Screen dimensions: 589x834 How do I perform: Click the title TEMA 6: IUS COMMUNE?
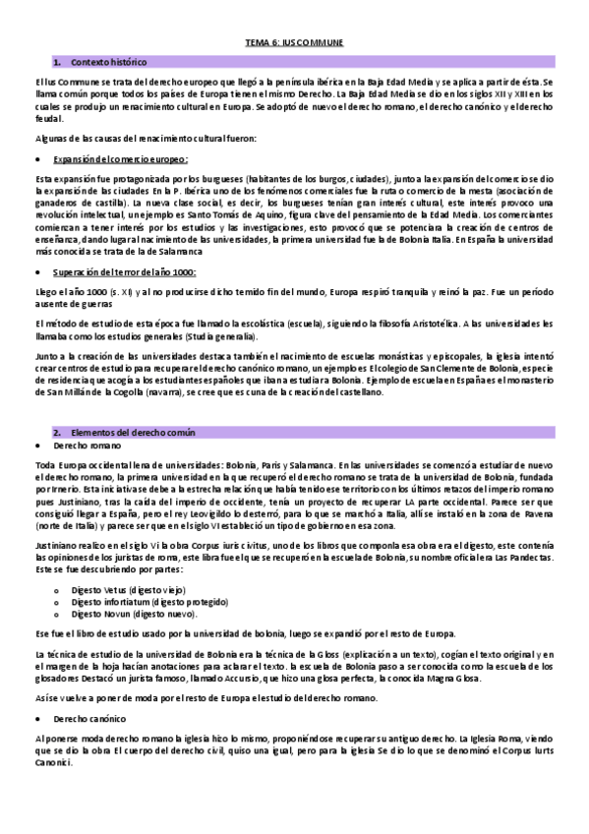coord(294,43)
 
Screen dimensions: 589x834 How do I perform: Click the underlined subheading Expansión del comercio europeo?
coord(122,158)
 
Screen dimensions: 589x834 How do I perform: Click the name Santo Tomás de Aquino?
coord(251,212)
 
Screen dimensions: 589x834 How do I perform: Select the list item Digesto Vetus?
coord(115,585)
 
